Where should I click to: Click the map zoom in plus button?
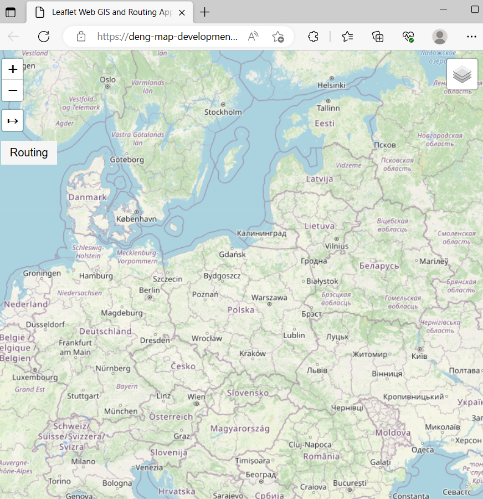point(13,69)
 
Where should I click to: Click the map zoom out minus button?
point(13,90)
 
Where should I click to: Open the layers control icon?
point(462,74)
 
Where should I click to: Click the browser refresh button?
point(44,37)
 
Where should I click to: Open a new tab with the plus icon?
point(205,12)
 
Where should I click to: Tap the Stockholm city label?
point(223,112)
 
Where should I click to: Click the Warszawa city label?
point(269,298)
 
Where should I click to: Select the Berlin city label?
point(150,290)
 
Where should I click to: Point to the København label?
point(136,219)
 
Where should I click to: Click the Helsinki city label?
point(331,85)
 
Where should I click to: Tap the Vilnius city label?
point(337,246)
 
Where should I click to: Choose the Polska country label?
point(241,309)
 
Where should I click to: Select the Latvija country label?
point(320,179)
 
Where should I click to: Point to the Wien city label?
point(196,397)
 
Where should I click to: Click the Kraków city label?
point(253,353)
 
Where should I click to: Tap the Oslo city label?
point(107,80)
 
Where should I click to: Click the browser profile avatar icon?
point(440,37)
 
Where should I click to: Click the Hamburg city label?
point(96,276)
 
